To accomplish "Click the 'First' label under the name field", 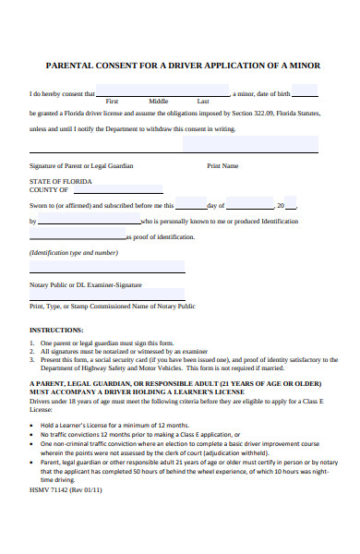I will (x=112, y=101).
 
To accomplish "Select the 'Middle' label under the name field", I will (x=159, y=101).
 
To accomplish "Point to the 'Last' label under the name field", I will (x=203, y=101).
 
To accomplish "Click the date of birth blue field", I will (x=305, y=91).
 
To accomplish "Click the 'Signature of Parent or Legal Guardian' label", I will (x=81, y=165).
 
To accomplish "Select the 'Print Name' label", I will (x=222, y=165).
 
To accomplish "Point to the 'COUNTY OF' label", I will (x=47, y=189).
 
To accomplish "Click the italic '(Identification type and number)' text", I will (x=74, y=252).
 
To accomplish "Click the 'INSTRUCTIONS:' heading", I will (x=56, y=330).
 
